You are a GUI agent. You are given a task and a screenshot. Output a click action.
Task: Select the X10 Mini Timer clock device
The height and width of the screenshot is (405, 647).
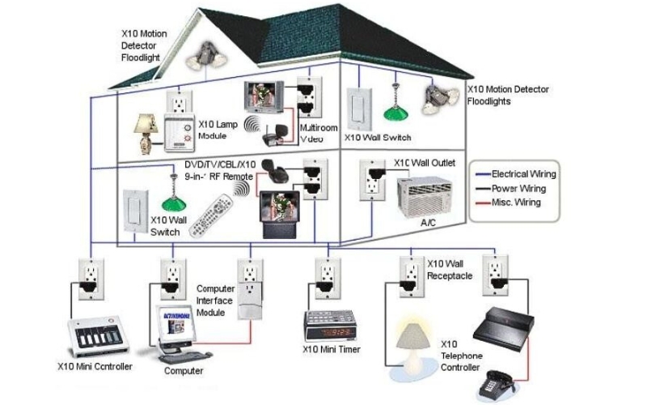tap(329, 324)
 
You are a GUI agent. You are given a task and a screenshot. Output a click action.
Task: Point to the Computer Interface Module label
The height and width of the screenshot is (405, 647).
tap(216, 301)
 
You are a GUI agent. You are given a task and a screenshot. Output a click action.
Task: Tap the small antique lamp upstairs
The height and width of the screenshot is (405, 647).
tap(150, 130)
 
